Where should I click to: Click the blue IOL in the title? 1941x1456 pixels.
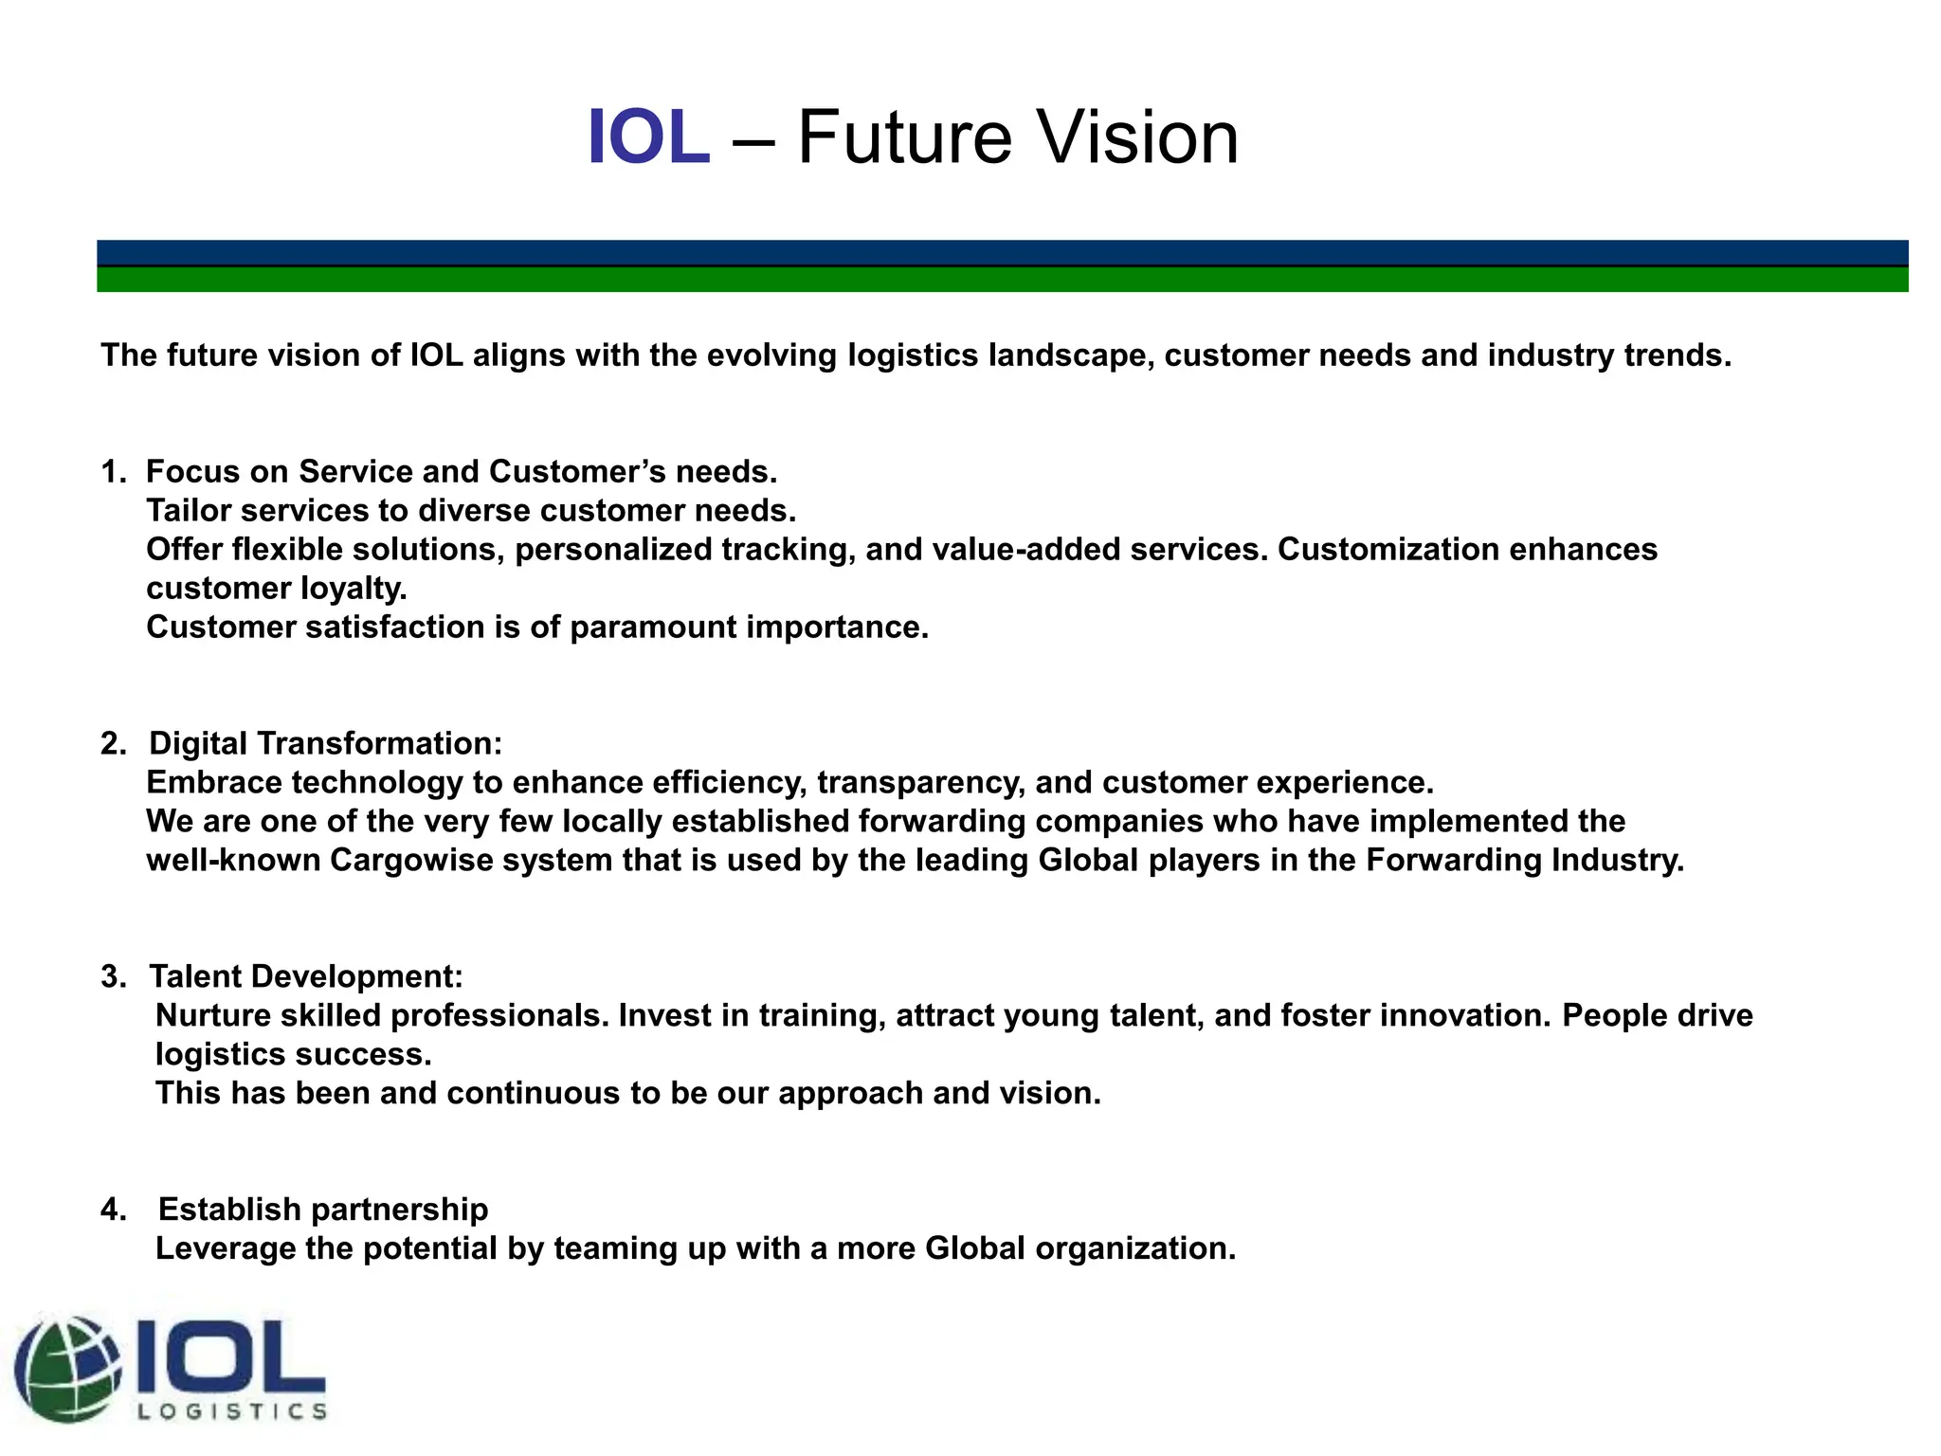[x=648, y=138]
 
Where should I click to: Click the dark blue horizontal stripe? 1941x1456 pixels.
[x=1002, y=253]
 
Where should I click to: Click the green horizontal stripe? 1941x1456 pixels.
[x=1002, y=280]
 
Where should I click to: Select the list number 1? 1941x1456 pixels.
[x=113, y=472]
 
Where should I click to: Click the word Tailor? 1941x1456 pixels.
[x=189, y=511]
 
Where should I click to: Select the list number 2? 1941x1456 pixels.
[x=113, y=744]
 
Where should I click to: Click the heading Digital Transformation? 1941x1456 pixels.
[x=325, y=744]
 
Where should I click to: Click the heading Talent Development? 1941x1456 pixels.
[x=305, y=977]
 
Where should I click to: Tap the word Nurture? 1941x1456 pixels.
[x=213, y=1016]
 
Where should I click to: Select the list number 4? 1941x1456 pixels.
[x=113, y=1210]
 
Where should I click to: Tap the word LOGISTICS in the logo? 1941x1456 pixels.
[x=232, y=1411]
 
